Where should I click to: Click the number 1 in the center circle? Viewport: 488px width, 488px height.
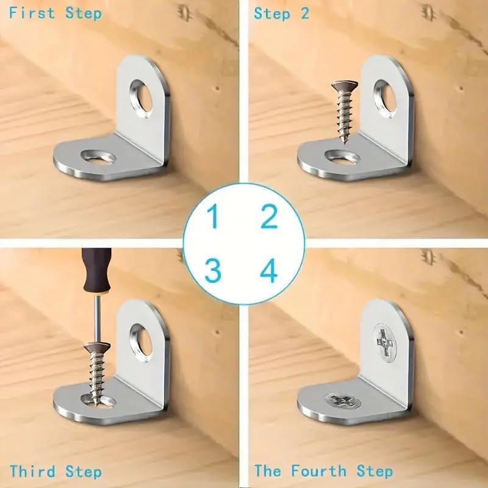(213, 217)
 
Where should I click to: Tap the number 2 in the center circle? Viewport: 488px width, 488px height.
(269, 217)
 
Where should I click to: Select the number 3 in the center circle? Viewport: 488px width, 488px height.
(213, 270)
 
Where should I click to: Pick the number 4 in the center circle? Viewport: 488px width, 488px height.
(268, 270)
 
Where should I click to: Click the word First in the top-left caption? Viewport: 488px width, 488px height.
(32, 13)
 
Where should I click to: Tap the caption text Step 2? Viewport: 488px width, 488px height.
(282, 13)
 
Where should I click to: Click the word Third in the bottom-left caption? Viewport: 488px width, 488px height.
(33, 471)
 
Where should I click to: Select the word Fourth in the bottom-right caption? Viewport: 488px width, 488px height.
(318, 470)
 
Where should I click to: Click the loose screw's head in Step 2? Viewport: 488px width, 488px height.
(345, 85)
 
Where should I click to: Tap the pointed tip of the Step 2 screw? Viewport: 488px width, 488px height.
(344, 143)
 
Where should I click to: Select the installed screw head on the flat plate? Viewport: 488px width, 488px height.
(342, 401)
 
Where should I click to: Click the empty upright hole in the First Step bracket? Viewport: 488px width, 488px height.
(142, 99)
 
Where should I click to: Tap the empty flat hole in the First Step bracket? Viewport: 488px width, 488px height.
(98, 156)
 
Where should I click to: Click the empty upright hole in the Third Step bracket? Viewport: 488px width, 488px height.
(142, 343)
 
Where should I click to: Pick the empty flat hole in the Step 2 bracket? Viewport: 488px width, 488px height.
(342, 157)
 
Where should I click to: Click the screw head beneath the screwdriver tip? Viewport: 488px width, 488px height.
(97, 346)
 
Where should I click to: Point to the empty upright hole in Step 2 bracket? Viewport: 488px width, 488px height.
(385, 99)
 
